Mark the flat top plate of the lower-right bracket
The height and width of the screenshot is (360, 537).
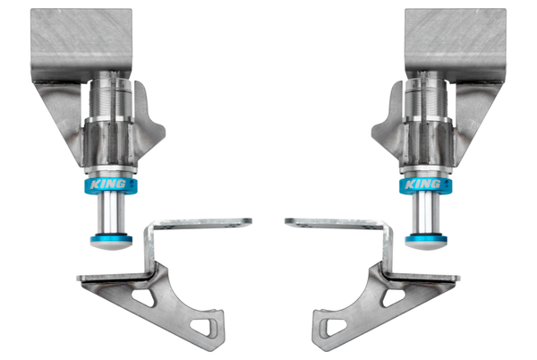(x=332, y=221)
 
